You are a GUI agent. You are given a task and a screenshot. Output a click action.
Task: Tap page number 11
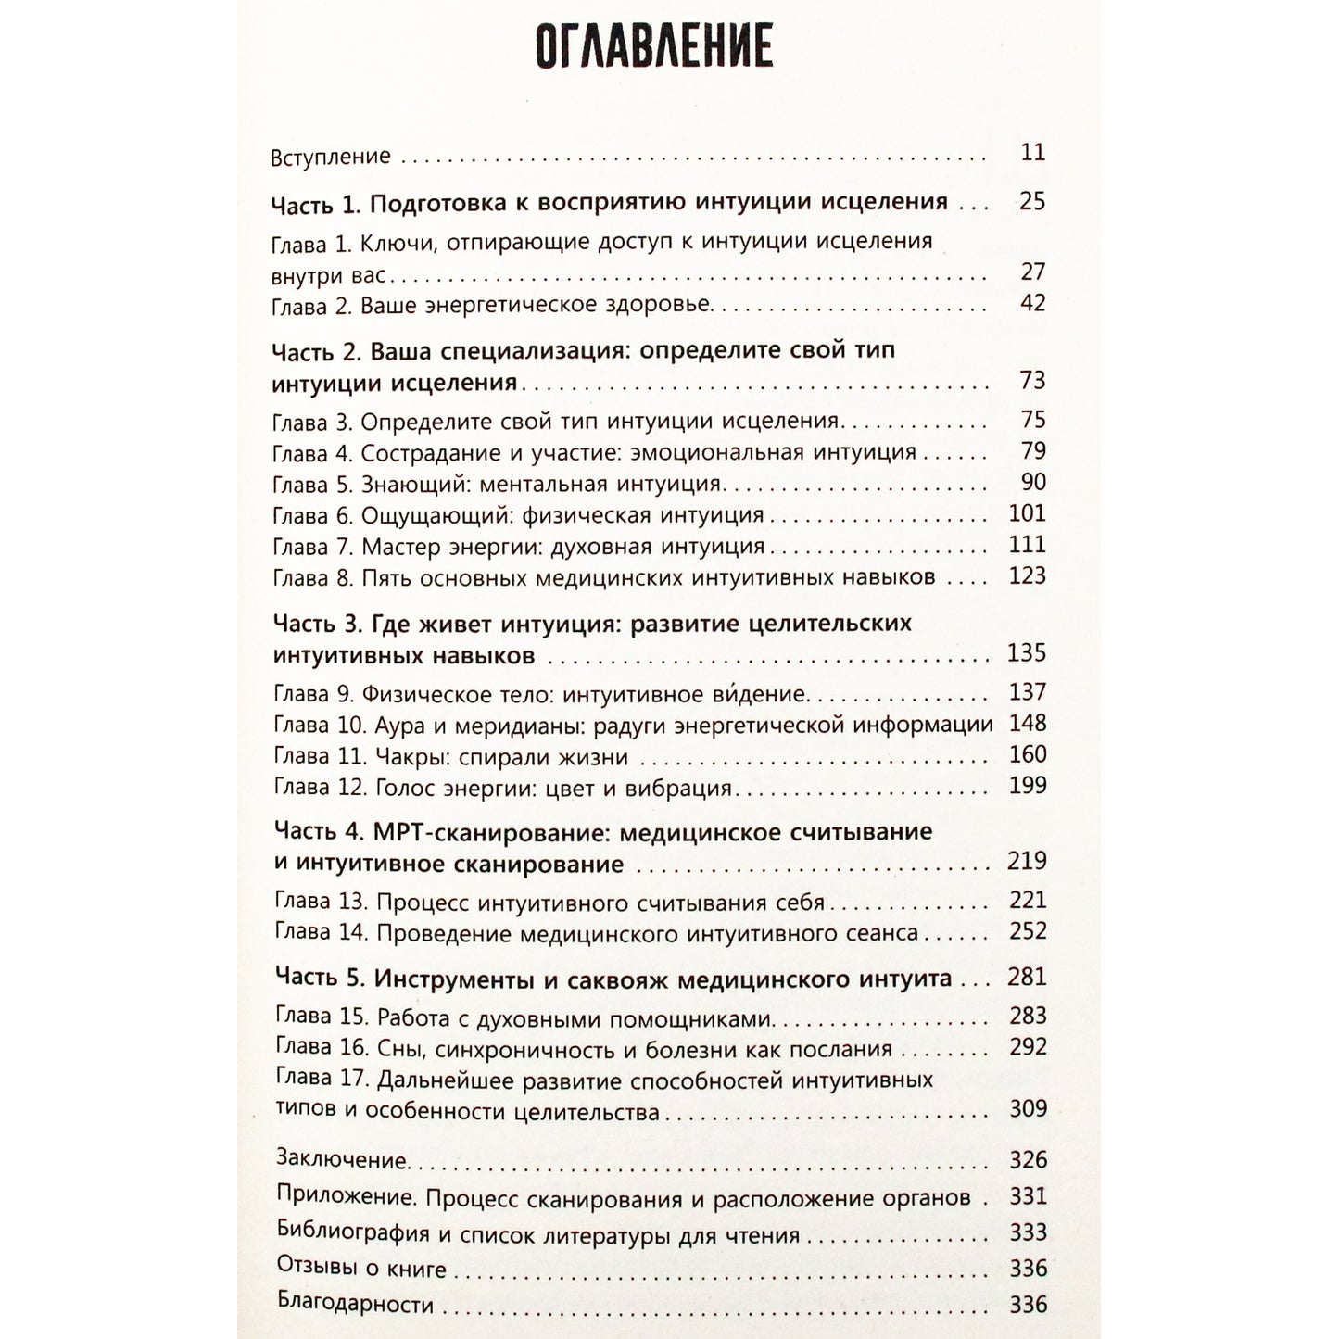click(1033, 153)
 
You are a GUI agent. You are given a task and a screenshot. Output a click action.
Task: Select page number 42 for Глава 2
click(1032, 303)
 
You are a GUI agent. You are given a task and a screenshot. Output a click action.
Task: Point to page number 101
click(1027, 513)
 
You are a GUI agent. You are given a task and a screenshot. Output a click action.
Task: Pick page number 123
click(1027, 575)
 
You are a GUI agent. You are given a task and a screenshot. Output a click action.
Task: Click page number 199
click(1027, 786)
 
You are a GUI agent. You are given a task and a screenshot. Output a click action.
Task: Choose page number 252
click(1028, 931)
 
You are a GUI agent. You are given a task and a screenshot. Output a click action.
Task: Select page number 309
click(1028, 1108)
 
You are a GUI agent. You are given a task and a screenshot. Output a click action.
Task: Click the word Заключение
click(342, 1160)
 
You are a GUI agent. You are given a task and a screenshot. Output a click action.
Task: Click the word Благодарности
click(355, 1305)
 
